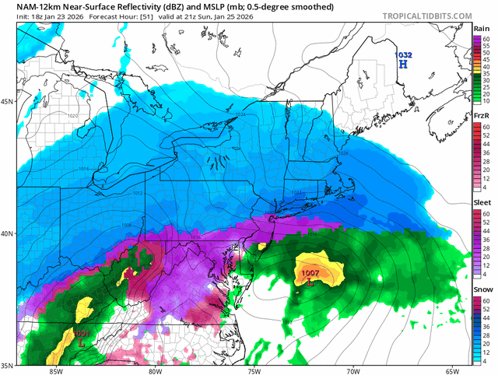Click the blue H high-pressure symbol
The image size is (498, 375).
(403, 65)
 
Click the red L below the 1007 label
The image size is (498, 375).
(310, 283)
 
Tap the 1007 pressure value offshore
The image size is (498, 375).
(310, 273)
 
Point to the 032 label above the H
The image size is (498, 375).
(405, 55)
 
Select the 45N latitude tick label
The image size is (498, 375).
(8, 101)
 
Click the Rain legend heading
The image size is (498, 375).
(482, 29)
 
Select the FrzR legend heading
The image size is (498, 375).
(482, 116)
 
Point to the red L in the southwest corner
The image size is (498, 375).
(82, 342)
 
